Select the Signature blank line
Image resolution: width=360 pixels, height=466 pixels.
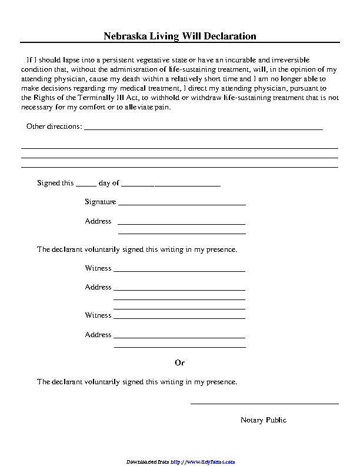pyautogui.click(x=182, y=204)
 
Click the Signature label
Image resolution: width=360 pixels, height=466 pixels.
pyautogui.click(x=100, y=202)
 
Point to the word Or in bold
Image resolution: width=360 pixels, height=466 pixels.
pyautogui.click(x=180, y=362)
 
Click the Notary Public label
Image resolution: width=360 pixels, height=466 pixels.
pyautogui.click(x=264, y=420)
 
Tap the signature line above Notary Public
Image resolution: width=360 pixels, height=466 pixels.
pyautogui.click(x=264, y=404)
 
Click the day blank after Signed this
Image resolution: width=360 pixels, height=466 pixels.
pyautogui.click(x=86, y=185)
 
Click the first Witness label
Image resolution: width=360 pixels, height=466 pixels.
pyautogui.click(x=98, y=268)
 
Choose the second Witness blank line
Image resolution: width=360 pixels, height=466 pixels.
pyautogui.click(x=179, y=318)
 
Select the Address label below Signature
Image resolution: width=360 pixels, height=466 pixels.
pyautogui.click(x=98, y=221)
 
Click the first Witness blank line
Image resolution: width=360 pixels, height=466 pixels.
pyautogui.click(x=179, y=271)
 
